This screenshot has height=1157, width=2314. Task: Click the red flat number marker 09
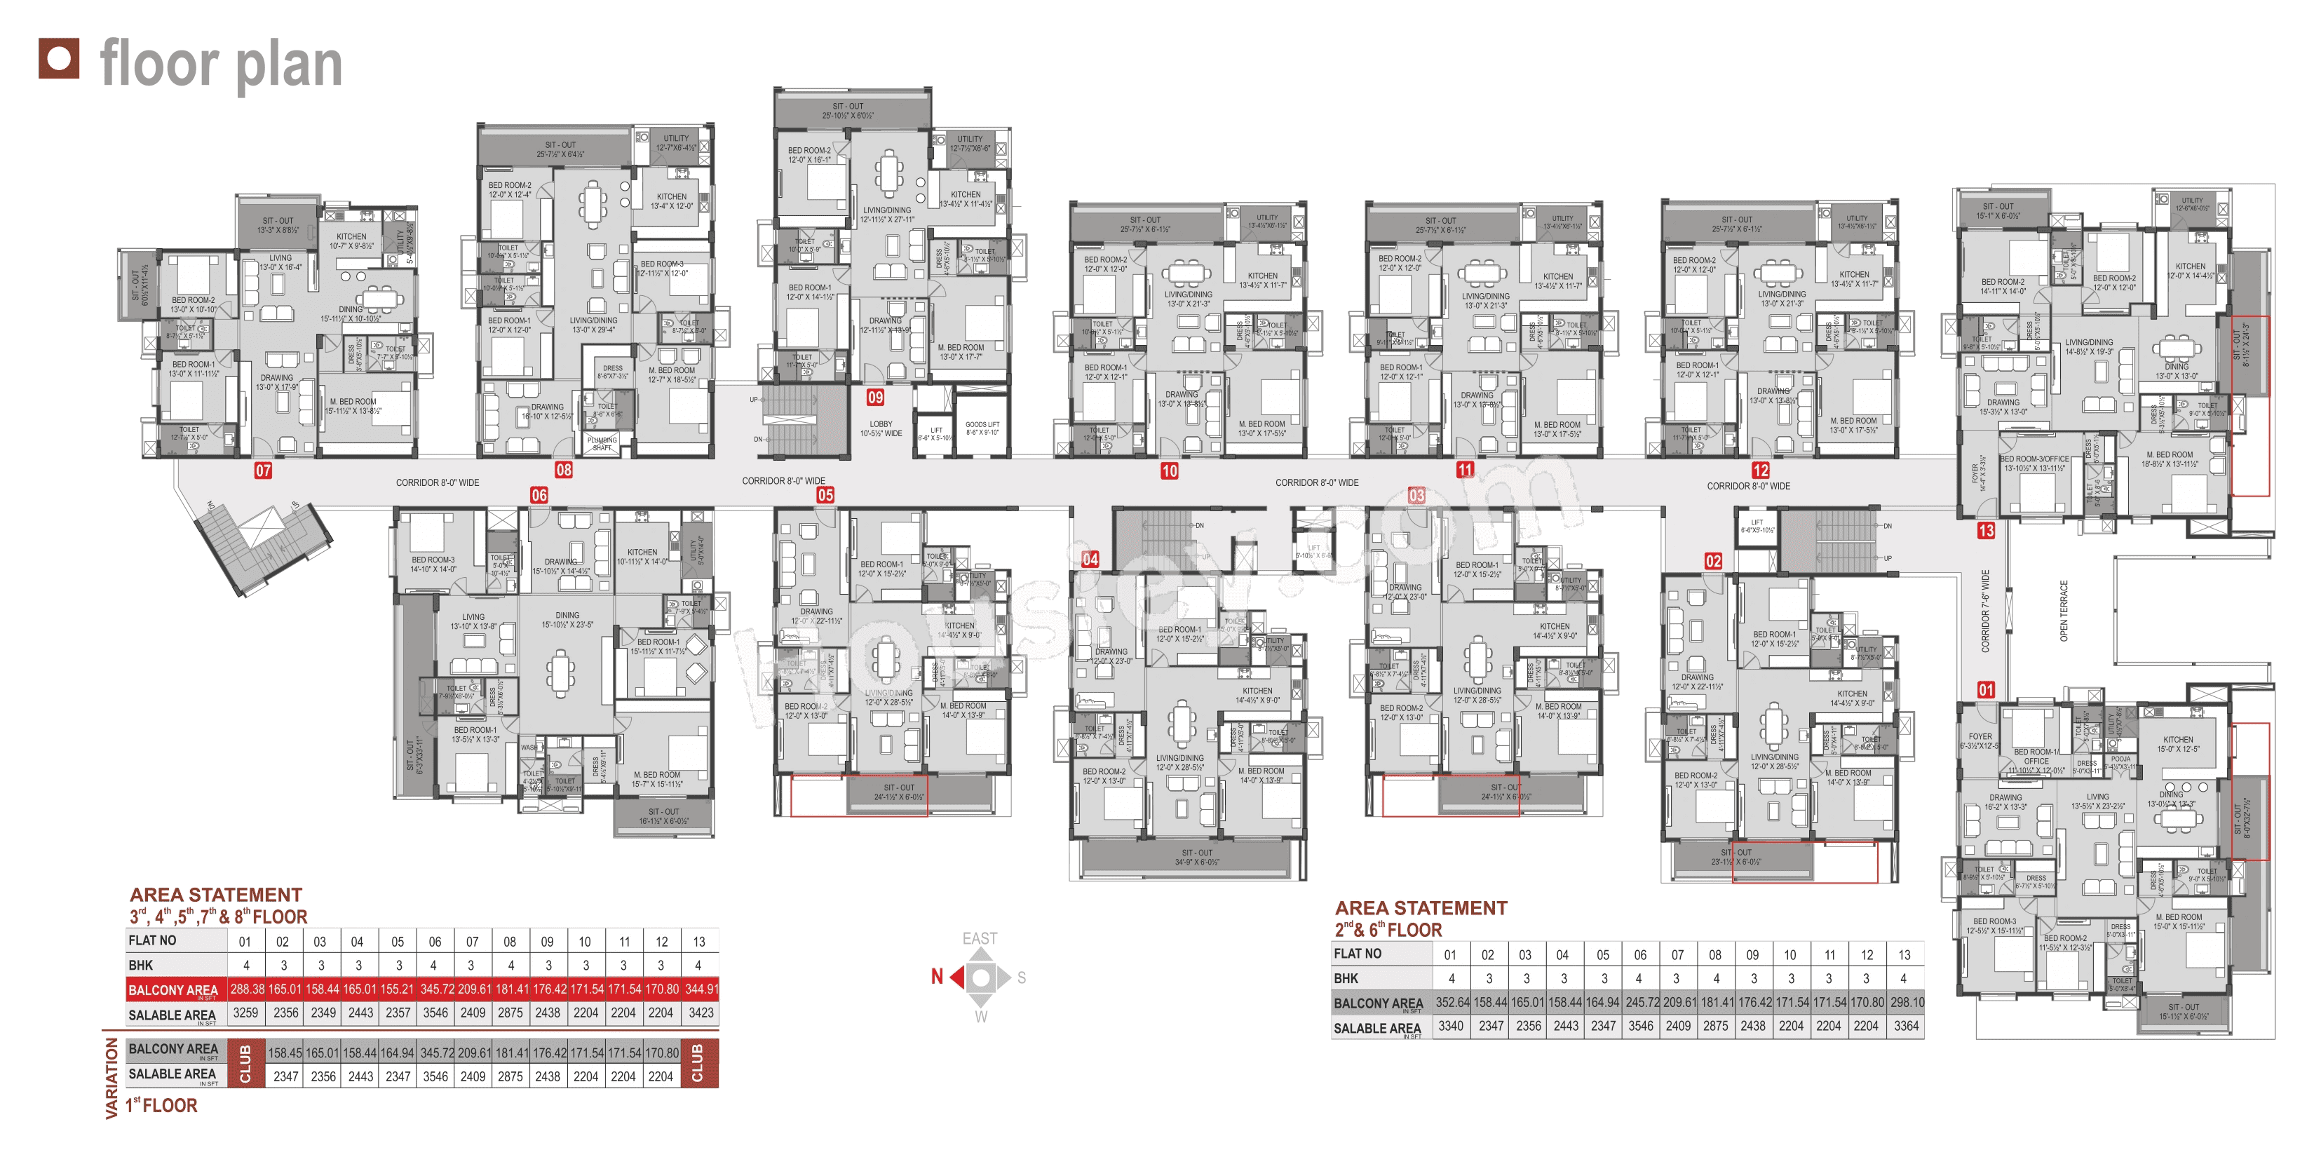tap(875, 397)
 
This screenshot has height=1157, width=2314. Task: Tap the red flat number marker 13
tap(1986, 531)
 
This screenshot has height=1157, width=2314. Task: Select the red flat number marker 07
tap(263, 470)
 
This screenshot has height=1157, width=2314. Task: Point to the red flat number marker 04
tap(1090, 559)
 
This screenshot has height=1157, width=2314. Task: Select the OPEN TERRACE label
tap(2064, 611)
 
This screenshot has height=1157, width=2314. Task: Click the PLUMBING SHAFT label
tap(602, 444)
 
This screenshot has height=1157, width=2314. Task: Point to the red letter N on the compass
tap(937, 977)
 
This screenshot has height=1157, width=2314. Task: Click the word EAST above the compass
tap(980, 939)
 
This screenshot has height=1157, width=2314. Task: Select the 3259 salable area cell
tap(245, 1013)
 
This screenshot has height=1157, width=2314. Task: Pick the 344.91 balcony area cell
tap(701, 989)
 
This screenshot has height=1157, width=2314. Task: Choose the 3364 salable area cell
tap(1906, 1026)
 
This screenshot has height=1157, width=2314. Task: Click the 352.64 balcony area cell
tap(1452, 1003)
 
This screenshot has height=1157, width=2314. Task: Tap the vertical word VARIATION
tap(112, 1078)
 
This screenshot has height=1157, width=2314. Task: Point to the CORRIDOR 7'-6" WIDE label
tap(1985, 611)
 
